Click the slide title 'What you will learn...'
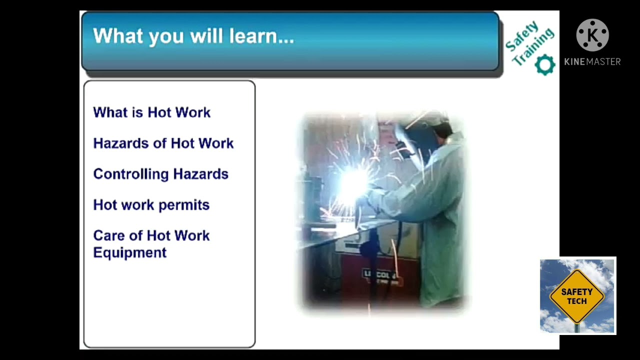[x=193, y=36]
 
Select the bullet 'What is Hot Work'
[x=151, y=112]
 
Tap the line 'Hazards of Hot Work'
[x=163, y=143]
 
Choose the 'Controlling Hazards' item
[x=160, y=174]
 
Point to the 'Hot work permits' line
[x=151, y=205]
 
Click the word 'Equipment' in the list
[x=129, y=252]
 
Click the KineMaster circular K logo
[x=592, y=35]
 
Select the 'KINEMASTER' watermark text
[x=592, y=61]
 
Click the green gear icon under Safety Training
[x=544, y=65]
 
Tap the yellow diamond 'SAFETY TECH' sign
[x=576, y=296]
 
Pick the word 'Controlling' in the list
[x=124, y=174]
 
